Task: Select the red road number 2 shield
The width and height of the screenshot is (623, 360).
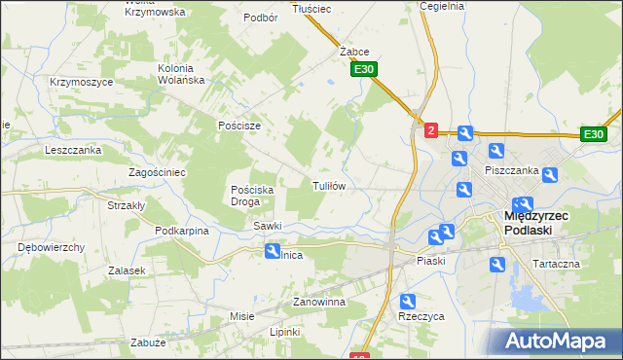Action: click(x=431, y=128)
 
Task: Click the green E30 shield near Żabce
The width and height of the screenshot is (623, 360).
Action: click(x=364, y=69)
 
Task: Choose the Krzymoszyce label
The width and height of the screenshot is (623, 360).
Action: click(x=81, y=82)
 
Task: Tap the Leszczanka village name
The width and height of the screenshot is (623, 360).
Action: click(x=73, y=151)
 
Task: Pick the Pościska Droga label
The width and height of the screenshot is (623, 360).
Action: click(x=254, y=196)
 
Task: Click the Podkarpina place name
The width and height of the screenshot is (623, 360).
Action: click(x=182, y=231)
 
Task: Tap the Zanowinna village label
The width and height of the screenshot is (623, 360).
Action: click(x=320, y=303)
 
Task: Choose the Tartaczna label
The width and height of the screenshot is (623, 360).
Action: click(x=557, y=264)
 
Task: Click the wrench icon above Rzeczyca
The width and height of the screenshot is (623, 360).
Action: click(x=408, y=302)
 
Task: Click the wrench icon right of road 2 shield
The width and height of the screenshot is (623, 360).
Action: click(x=464, y=134)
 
